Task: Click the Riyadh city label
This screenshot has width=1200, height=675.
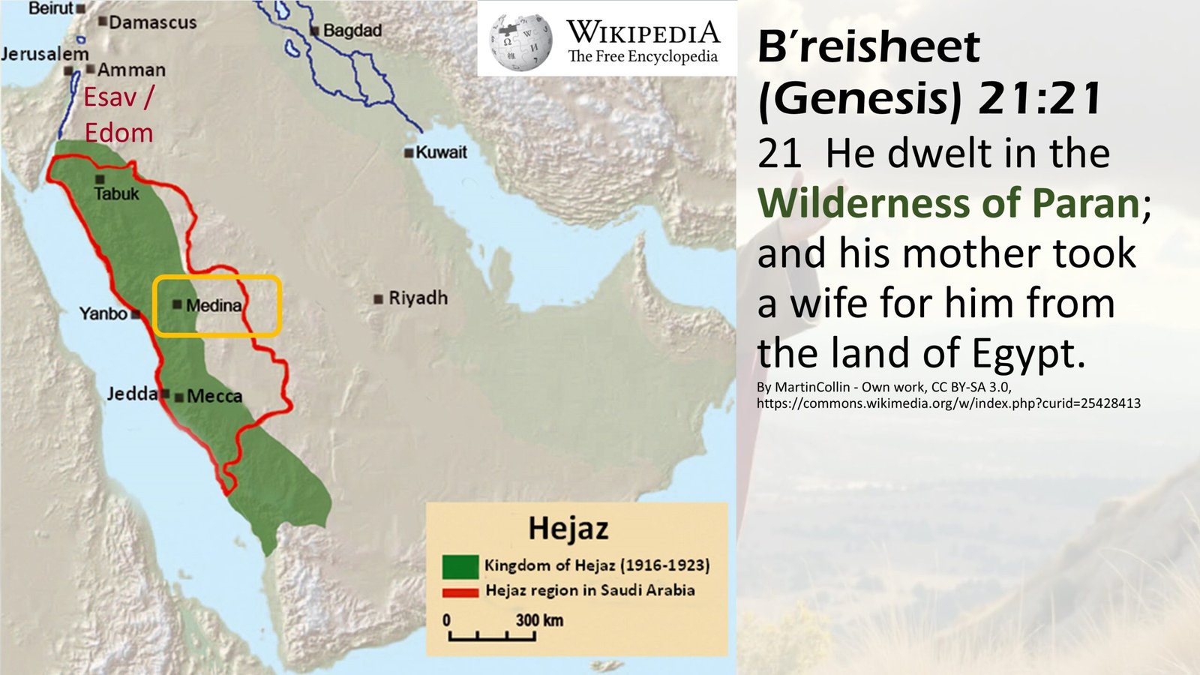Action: (x=418, y=298)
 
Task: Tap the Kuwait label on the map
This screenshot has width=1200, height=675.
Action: (x=441, y=152)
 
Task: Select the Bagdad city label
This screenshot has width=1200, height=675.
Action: (x=352, y=31)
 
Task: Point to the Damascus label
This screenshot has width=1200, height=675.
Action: (x=152, y=22)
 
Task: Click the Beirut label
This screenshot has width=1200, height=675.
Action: (x=51, y=8)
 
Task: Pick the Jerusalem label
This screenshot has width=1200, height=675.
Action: (x=45, y=54)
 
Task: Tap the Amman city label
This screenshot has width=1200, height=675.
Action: (x=131, y=70)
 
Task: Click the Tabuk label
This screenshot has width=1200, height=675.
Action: (x=116, y=193)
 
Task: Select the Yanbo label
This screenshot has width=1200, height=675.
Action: (x=103, y=313)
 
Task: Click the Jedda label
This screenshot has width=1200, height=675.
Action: (x=132, y=394)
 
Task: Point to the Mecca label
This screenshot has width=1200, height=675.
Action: (x=214, y=396)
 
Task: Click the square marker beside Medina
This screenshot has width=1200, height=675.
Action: (x=177, y=304)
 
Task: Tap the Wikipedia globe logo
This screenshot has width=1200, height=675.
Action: (x=520, y=41)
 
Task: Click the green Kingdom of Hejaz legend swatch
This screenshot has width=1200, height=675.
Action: (x=460, y=566)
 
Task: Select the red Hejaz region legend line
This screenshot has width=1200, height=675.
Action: (x=460, y=592)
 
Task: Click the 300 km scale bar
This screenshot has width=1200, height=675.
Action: (x=492, y=636)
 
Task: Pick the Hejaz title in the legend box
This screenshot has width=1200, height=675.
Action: (x=568, y=528)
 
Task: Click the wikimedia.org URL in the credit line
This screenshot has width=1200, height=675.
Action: (x=948, y=403)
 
